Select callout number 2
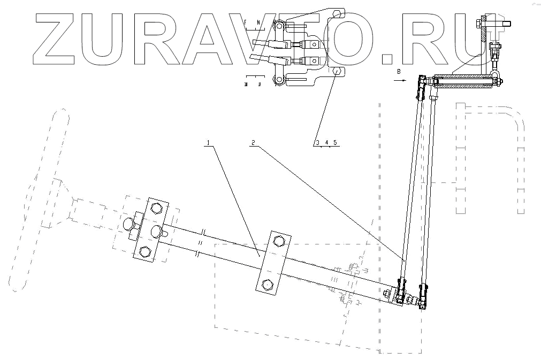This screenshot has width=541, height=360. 254,143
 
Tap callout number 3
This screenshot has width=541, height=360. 317,142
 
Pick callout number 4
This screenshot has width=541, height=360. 326,142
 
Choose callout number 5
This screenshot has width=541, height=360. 334,142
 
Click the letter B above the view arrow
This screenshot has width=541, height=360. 399,71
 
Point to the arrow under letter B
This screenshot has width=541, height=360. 399,80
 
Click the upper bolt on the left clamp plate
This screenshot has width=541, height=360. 156,208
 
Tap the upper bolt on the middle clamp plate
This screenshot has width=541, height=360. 278,241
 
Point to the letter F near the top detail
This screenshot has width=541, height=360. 245,22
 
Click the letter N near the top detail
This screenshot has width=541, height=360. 258,22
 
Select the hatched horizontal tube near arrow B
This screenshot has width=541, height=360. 463,82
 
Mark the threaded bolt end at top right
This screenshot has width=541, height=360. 506,24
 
